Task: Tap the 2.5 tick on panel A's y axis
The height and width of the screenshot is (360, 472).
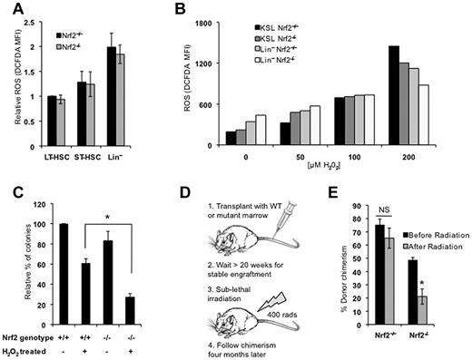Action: click(36, 18)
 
